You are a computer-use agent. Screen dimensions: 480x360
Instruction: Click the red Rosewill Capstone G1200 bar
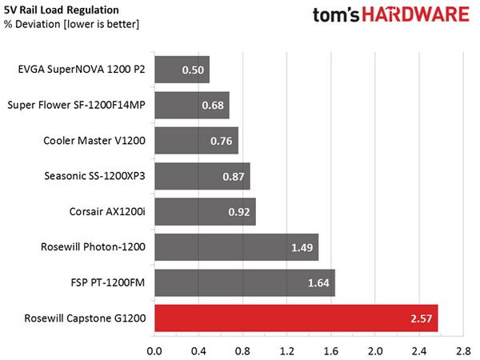pos(296,318)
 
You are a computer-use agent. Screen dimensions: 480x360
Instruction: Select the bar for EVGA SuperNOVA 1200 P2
pos(182,70)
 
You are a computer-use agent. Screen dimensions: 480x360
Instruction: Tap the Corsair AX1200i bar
pos(205,211)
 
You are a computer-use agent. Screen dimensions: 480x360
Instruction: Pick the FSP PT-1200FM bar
pos(245,282)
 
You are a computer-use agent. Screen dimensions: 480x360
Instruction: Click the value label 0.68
pos(213,106)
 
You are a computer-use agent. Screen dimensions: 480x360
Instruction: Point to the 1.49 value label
pos(302,247)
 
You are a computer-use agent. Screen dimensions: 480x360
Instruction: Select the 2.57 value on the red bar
pos(422,318)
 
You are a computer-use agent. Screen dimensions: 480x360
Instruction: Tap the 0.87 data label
pos(234,176)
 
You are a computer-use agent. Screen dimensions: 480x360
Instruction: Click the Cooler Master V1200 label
pos(94,141)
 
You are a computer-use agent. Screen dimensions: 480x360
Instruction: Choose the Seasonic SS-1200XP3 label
pos(94,176)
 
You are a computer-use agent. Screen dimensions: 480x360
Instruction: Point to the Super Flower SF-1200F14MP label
pos(76,105)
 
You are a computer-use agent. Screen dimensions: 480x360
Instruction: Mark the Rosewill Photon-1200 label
pos(93,246)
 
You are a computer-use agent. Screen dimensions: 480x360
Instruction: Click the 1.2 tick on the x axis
pos(287,351)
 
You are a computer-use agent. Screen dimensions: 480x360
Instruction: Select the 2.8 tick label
pos(463,351)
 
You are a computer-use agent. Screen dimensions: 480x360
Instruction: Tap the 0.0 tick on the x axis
pos(154,351)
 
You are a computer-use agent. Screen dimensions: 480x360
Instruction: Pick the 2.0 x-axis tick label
pos(375,351)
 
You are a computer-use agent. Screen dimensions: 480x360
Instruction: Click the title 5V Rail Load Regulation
pos(62,10)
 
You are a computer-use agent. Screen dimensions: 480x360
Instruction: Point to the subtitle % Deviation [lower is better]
pos(71,24)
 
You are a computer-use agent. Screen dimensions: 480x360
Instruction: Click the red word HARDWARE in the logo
pos(416,14)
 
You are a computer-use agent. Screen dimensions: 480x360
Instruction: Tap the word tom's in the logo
pos(336,15)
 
